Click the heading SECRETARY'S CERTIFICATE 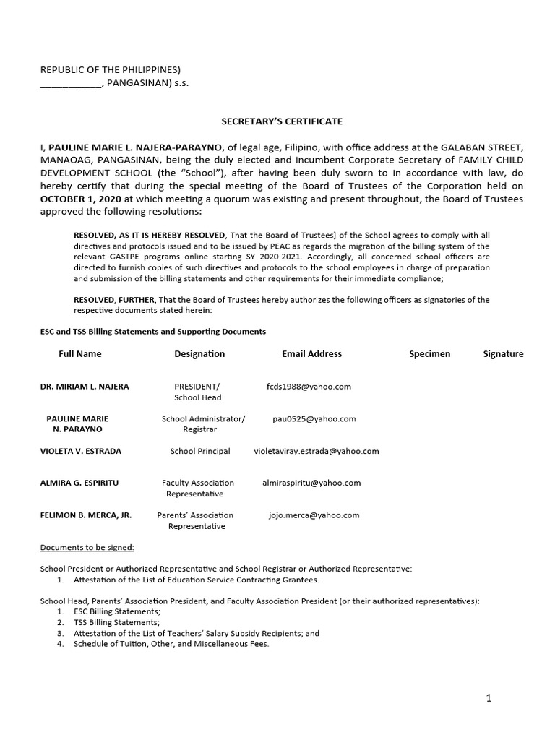(x=272, y=121)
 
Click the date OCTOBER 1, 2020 (x=81, y=199)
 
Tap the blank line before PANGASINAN (x=71, y=83)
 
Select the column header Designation (x=199, y=354)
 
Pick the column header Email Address (x=311, y=354)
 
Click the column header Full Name (x=80, y=354)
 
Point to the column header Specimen (x=429, y=354)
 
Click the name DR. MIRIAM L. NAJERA (x=85, y=387)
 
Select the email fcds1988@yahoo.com (x=309, y=387)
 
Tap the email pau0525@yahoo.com (x=314, y=418)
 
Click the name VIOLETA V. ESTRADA (x=81, y=451)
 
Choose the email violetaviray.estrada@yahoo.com (x=317, y=451)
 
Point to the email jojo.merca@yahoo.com (x=314, y=515)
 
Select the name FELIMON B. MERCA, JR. (x=85, y=515)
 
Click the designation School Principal (x=200, y=451)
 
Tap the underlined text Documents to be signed (x=87, y=547)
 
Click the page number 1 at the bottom (x=489, y=699)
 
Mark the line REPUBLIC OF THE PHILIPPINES (x=111, y=69)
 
